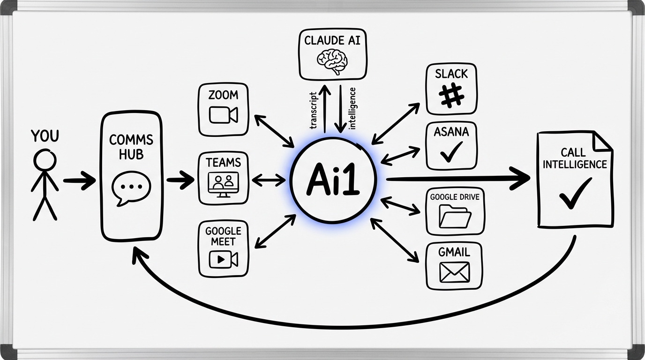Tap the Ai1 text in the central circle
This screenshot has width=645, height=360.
coord(333,180)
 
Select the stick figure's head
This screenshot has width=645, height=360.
coord(45,159)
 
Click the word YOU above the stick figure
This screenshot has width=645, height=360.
coord(45,136)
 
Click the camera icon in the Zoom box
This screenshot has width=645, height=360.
coord(224,115)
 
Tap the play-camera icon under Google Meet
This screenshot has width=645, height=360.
coord(224,259)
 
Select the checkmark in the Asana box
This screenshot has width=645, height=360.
coord(451,151)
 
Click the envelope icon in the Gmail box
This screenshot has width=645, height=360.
coord(454,272)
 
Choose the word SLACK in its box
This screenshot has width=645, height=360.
coord(451,74)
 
